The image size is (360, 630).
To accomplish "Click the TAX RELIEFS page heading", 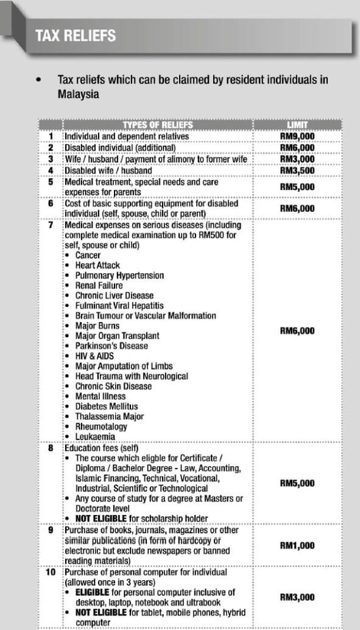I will coord(75,36).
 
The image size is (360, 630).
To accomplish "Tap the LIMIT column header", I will coord(297,125).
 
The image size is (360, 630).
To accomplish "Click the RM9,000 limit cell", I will coord(297,136).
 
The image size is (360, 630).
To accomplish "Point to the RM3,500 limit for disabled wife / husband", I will coord(297,170).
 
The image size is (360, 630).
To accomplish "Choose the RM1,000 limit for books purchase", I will coord(297,545).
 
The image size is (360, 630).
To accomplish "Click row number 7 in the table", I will coord(51,225).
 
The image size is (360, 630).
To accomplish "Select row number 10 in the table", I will coord(51,572).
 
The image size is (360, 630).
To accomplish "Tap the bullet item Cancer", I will coord(88,256).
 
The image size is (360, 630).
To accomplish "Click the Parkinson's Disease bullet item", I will coord(111,346).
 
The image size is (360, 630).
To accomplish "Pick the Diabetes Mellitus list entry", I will coord(106,406).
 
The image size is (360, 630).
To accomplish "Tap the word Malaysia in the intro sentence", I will coord(78,94).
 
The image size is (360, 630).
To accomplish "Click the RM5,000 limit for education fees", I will coord(297,483).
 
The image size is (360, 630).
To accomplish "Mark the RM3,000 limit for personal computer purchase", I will coord(297,597).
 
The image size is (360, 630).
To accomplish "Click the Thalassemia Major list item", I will coord(109,416).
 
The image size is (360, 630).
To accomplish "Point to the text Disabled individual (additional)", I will coord(120,147).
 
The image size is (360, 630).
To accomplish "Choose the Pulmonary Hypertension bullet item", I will coord(119,276).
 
